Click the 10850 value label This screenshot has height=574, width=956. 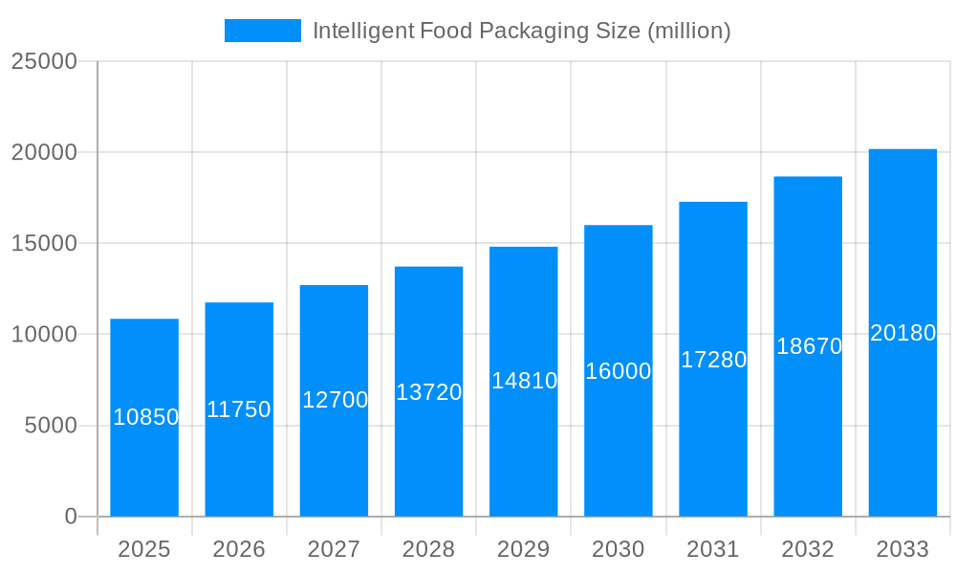145,417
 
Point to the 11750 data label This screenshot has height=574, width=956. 239,409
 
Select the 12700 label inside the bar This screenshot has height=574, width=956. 335,400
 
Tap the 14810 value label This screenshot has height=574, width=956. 524,381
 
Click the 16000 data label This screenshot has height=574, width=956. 619,371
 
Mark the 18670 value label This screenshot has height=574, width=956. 809,346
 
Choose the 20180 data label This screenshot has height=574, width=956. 902,333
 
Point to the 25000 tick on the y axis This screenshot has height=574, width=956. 44,61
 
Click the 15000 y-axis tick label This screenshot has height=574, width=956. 44,243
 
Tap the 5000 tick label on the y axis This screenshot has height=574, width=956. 50,426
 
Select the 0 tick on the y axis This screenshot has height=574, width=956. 71,517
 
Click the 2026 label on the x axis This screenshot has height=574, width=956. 239,549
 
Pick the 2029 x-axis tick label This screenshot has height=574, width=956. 524,549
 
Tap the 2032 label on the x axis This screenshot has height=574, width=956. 808,549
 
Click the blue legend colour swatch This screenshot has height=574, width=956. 263,31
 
